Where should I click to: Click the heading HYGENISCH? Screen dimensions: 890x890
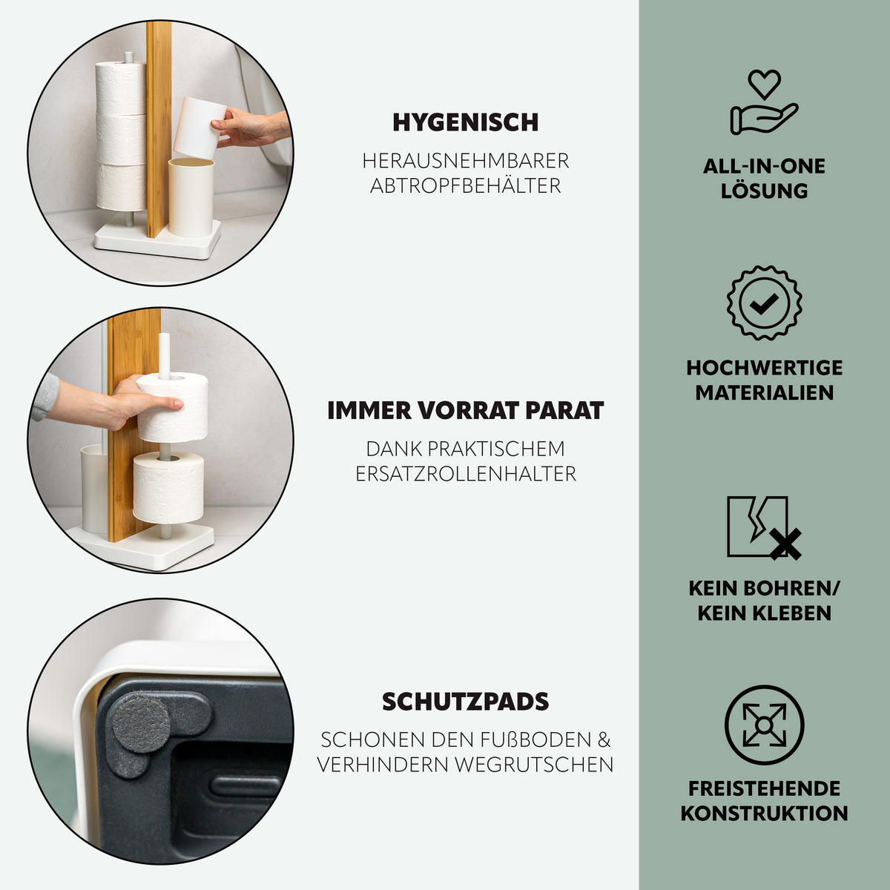click(x=465, y=122)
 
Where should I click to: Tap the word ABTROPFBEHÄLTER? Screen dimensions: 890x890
click(x=465, y=185)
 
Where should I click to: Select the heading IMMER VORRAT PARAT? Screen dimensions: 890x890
click(x=465, y=410)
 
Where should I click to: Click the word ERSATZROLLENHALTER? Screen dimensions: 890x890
click(x=465, y=473)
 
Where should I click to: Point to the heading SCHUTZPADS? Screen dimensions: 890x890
click(x=465, y=701)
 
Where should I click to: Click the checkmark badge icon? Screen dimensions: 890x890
click(x=764, y=303)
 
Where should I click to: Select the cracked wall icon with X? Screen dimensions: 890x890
click(x=763, y=527)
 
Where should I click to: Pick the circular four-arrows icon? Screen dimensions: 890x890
click(x=764, y=725)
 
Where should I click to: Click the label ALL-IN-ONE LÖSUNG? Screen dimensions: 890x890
click(x=764, y=178)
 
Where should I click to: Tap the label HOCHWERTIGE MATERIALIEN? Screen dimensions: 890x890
click(x=764, y=380)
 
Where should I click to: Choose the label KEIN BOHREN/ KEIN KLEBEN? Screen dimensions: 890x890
click(x=764, y=600)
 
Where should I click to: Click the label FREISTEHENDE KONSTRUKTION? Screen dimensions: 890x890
click(x=764, y=800)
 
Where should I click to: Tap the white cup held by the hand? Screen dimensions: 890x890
click(x=197, y=126)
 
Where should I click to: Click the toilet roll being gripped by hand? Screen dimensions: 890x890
click(x=172, y=408)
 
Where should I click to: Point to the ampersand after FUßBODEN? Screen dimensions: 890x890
click(x=604, y=739)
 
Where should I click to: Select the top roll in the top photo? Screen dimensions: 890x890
click(x=120, y=88)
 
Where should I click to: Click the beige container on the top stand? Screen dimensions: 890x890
click(x=191, y=197)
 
